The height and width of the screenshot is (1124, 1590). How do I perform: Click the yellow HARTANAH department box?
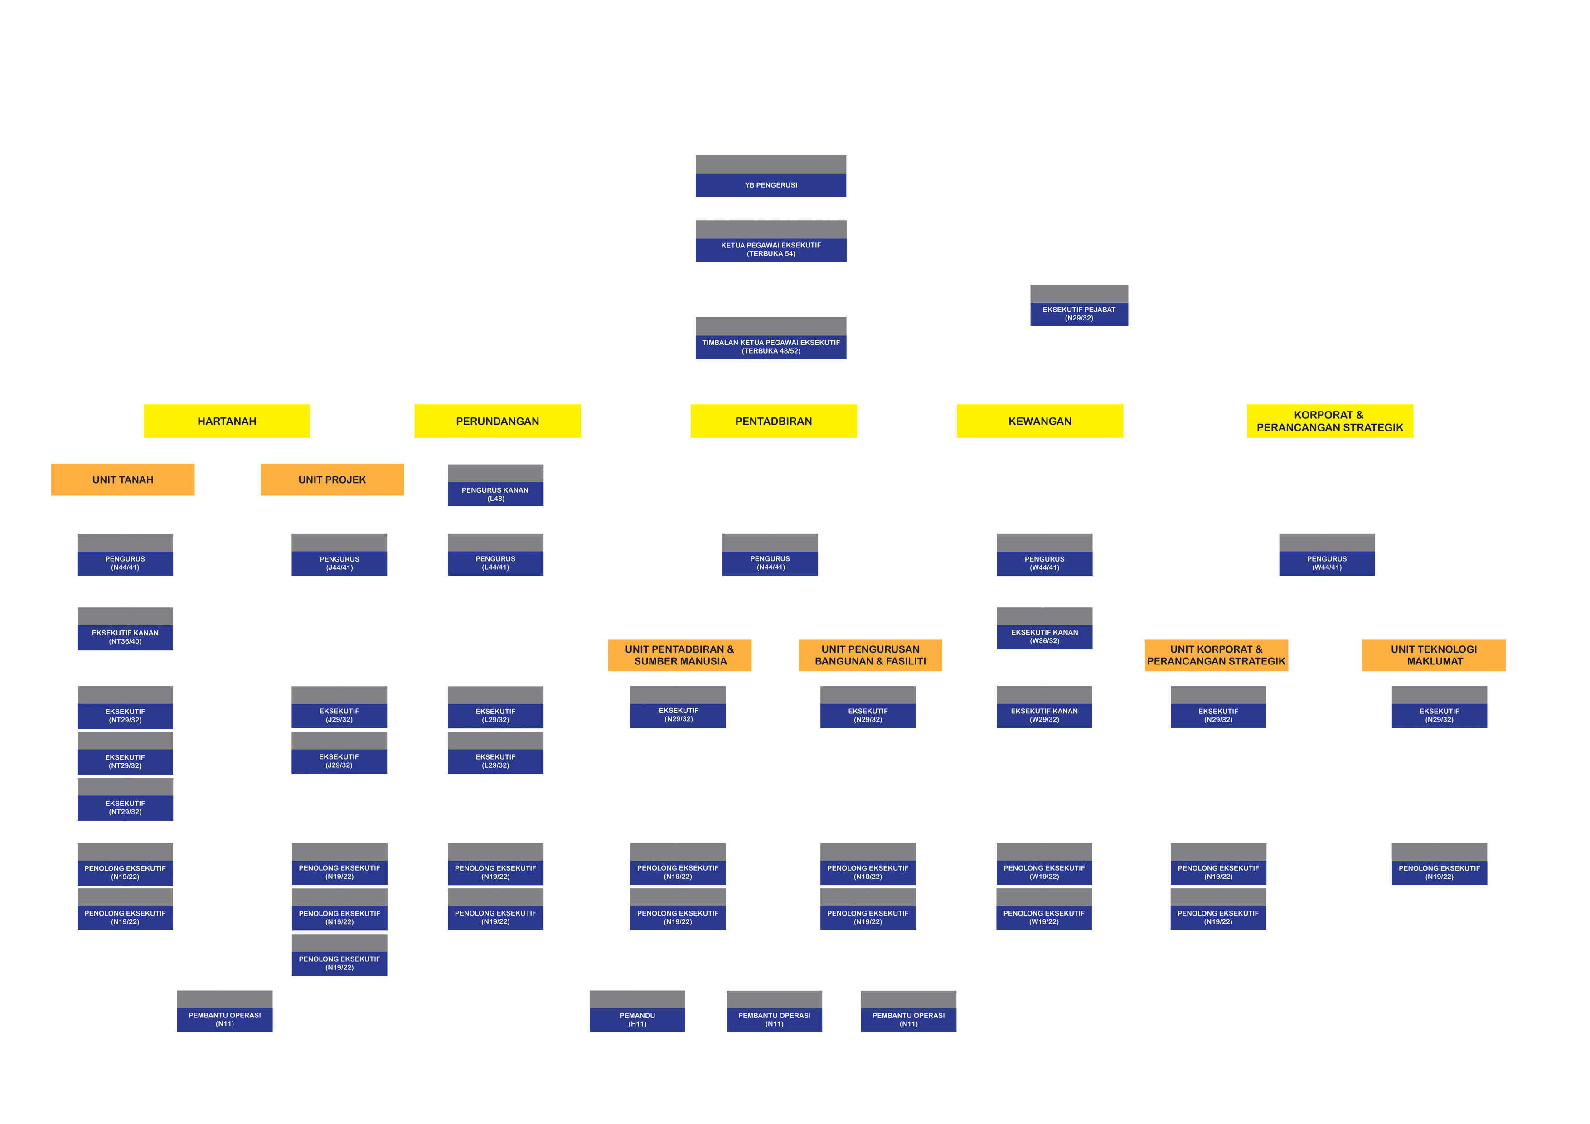227,421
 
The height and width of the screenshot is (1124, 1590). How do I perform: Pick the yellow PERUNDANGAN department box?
497,421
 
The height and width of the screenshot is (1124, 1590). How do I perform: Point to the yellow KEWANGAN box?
1039,421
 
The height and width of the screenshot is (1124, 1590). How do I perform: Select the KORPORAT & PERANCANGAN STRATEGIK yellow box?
1330,421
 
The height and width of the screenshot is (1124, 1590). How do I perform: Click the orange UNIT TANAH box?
122,479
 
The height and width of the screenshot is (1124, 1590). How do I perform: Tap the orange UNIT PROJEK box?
332,479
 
